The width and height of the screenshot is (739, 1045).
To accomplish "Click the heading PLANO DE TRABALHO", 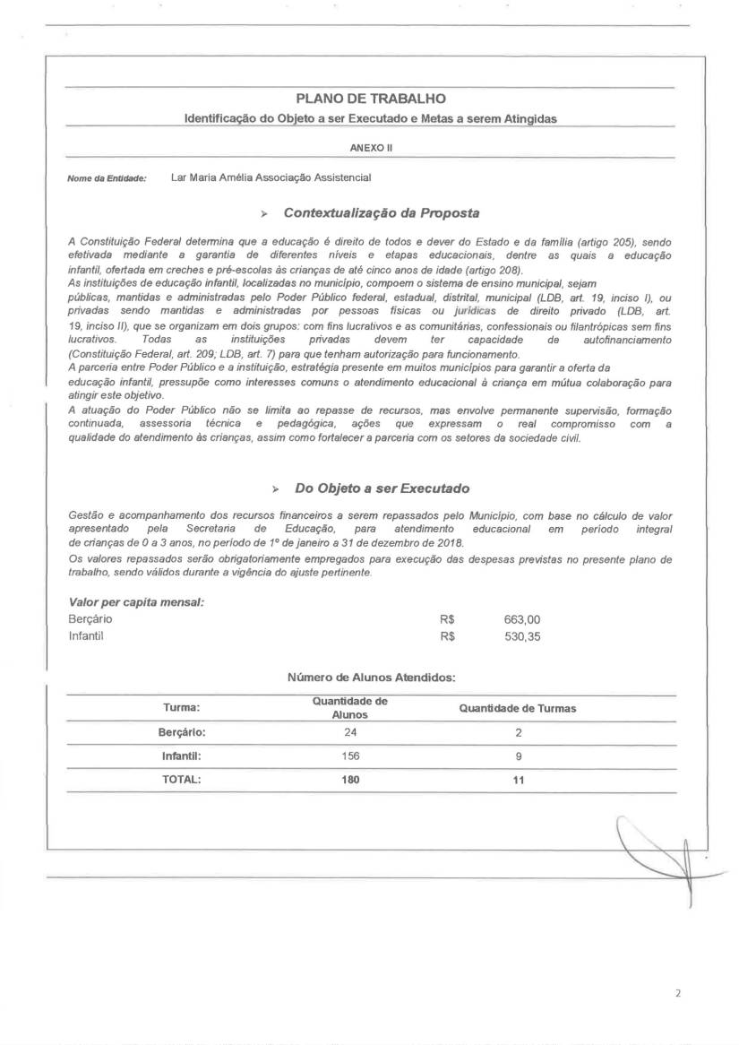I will tap(370, 99).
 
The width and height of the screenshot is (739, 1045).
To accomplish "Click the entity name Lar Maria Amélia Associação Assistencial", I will tap(271, 177).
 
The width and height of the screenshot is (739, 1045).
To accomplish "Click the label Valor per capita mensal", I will tap(136, 601).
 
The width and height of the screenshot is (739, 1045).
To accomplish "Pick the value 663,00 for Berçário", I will tap(522, 619).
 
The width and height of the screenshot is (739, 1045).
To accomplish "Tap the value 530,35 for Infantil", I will tap(522, 636).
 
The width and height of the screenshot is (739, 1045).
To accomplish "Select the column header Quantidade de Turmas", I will tap(517, 708).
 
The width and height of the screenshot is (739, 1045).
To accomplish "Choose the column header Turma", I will tap(181, 708).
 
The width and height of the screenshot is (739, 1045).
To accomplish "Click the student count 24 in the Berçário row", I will tap(349, 732).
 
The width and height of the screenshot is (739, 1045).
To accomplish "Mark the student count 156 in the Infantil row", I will tap(349, 756).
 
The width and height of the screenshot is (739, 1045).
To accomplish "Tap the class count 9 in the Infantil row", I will tap(518, 756).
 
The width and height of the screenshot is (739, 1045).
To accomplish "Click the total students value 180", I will tap(349, 780).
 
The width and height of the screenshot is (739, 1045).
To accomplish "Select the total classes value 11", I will tap(518, 780).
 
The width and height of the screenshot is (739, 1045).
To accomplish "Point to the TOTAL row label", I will tap(181, 780).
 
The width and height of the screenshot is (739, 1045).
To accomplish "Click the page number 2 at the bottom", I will tap(678, 994).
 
